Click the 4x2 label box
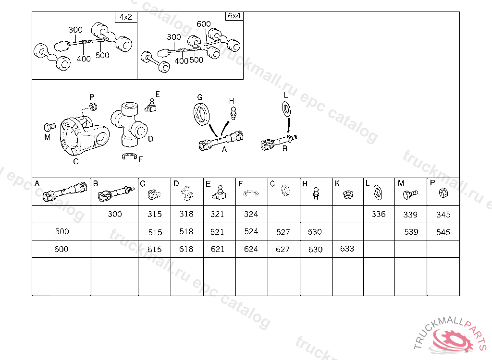126,17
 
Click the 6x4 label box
234,16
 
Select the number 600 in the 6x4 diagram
204,24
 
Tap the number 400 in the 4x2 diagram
84,59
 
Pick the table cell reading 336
379,214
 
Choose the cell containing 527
283,232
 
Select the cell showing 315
154,214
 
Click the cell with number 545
443,232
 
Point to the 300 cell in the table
114,214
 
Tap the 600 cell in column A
61,249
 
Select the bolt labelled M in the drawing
49,127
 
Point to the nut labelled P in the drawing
93,107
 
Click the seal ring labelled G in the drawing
201,114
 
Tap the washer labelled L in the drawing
286,109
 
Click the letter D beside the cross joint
150,139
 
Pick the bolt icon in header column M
410,194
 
